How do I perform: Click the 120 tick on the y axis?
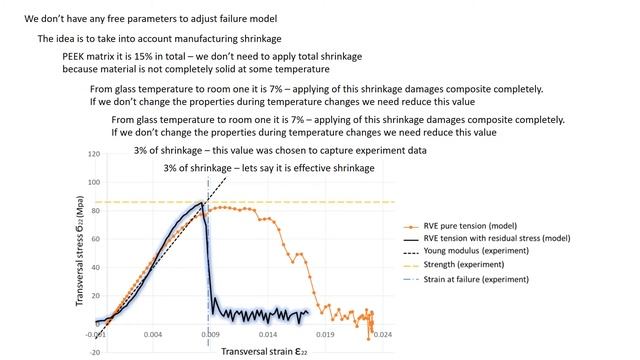(93, 155)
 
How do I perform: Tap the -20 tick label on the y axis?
(93, 352)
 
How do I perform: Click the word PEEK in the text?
(74, 57)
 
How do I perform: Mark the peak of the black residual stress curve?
(203, 204)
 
